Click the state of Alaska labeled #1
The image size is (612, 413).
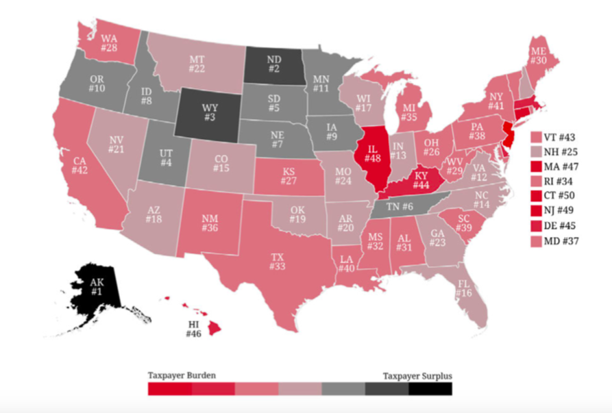(x=95, y=288)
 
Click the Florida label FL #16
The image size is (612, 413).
(x=464, y=288)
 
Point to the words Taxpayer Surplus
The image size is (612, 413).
(x=419, y=375)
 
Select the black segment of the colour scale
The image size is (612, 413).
(x=430, y=389)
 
